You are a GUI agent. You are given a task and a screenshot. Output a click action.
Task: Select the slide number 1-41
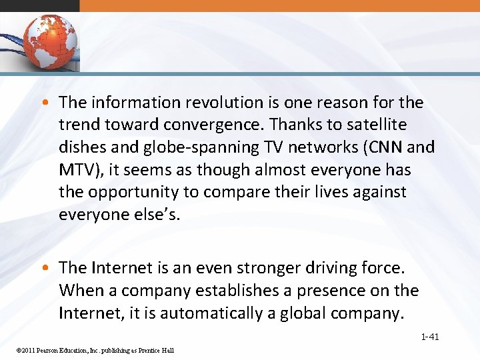point(429,337)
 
